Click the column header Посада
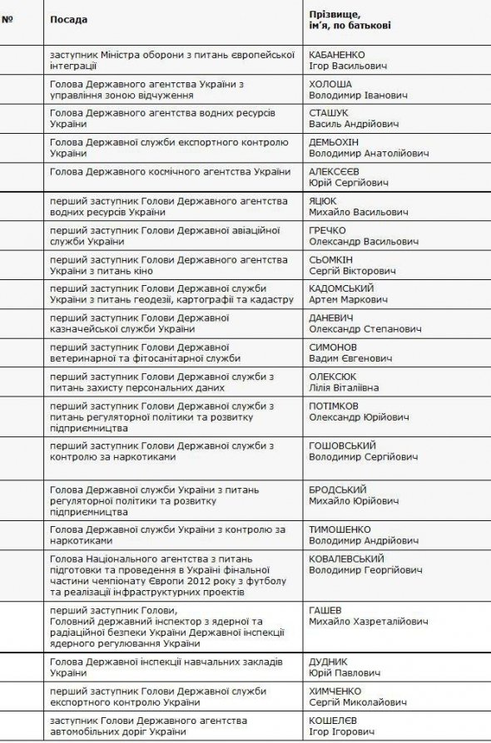point(68,18)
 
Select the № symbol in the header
point(7,18)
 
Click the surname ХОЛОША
point(330,84)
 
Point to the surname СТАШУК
point(329,112)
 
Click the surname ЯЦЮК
point(323,201)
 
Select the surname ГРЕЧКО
point(327,230)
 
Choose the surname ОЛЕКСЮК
point(333,376)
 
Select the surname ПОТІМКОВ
point(335,405)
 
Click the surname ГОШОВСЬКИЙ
point(342,445)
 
